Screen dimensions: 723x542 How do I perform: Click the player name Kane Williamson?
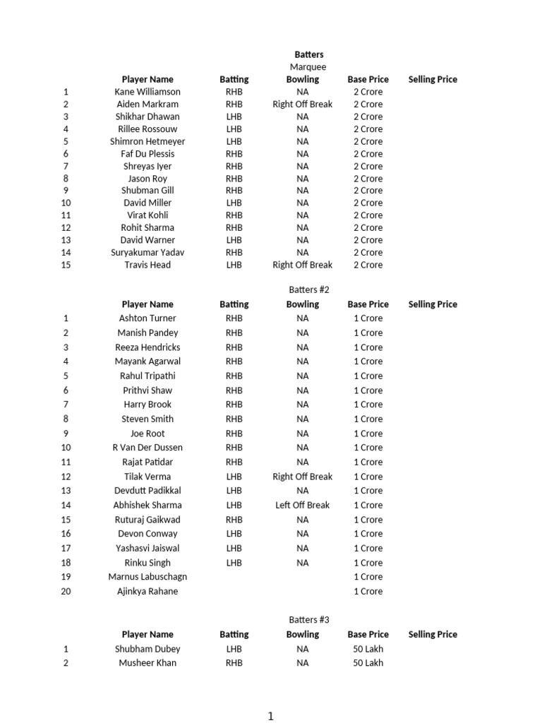pos(147,92)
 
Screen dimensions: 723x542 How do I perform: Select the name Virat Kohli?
pos(147,215)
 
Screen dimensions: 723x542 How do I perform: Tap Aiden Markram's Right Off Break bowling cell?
pos(302,104)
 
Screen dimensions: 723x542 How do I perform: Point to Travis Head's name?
pos(147,265)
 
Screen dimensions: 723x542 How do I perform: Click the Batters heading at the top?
pos(308,54)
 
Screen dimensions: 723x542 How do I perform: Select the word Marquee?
pos(308,67)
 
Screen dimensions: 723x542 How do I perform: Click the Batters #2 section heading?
pos(308,290)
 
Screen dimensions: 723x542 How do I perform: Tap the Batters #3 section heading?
pos(308,620)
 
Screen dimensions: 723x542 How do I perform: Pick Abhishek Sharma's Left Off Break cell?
pos(302,506)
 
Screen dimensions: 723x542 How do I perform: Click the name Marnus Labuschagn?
pos(147,577)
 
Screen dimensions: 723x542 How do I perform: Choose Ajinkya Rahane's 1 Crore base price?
pos(368,592)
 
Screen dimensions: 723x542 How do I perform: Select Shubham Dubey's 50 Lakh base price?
pos(368,649)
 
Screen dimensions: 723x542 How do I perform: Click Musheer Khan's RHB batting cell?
pos(234,663)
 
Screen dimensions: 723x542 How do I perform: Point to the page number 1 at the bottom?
pos(270,716)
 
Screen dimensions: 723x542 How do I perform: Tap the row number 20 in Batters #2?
pos(66,592)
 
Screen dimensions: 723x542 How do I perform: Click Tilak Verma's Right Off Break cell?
pos(302,477)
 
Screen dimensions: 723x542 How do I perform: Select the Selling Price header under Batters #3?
pos(432,635)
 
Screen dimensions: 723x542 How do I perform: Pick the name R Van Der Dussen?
pos(147,448)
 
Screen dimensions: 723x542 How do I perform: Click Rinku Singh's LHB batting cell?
pos(234,563)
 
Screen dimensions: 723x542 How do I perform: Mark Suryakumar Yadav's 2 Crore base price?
pos(368,253)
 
